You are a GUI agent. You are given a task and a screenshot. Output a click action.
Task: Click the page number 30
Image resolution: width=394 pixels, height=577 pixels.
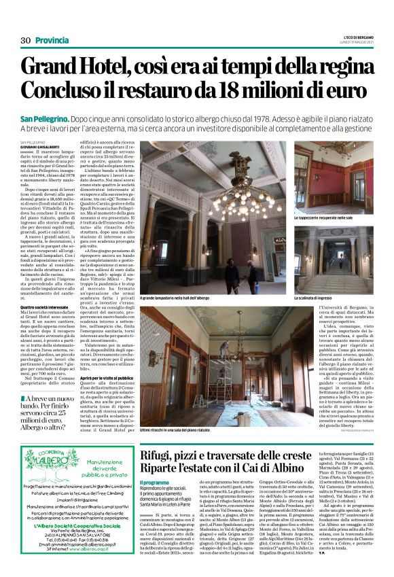pyautogui.click(x=26, y=41)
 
